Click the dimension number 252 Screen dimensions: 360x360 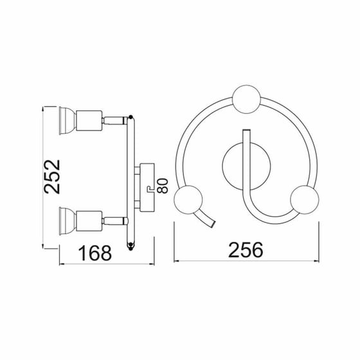click(52, 177)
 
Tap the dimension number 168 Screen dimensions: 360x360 click(95, 253)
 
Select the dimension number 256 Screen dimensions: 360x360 click(246, 250)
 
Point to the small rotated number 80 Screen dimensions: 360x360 click(163, 186)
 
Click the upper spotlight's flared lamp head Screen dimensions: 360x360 click(67, 121)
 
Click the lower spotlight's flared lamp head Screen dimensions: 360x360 click(67, 221)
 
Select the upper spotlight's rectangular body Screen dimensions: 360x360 click(89, 121)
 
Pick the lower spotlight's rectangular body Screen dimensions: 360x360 click(89, 221)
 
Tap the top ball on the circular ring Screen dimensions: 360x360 click(247, 99)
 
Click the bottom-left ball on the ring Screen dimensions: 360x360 click(188, 199)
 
